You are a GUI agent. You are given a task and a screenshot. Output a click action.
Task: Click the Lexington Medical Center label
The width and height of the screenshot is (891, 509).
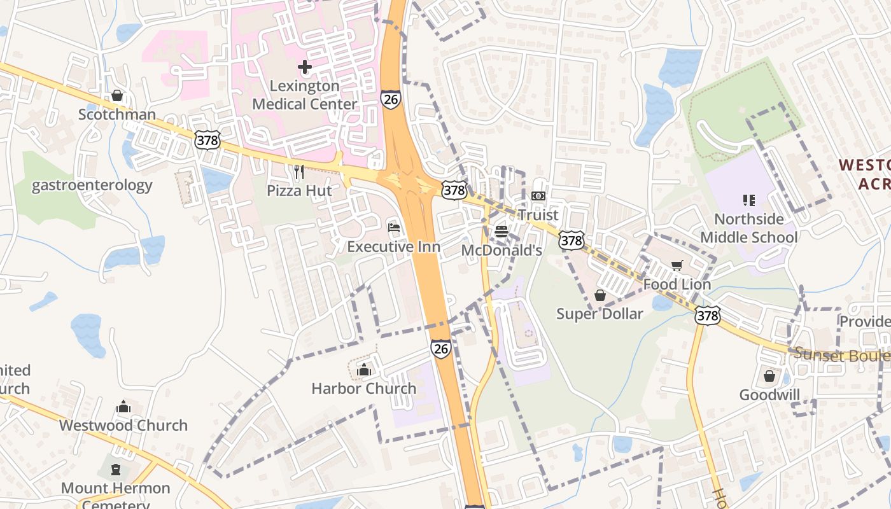[304, 95]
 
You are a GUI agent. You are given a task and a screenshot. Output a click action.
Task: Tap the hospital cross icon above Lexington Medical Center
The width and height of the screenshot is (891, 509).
[304, 66]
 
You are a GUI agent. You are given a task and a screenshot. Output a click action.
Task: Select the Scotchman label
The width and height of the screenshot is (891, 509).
[117, 115]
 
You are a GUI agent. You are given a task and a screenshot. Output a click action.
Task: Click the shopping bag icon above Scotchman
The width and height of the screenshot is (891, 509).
[117, 96]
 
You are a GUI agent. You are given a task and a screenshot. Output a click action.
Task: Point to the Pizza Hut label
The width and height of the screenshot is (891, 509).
[299, 190]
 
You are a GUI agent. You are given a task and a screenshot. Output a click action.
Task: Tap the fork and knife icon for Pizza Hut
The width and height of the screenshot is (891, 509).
[299, 172]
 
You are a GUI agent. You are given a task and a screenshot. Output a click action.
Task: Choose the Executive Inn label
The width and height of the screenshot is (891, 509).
[393, 246]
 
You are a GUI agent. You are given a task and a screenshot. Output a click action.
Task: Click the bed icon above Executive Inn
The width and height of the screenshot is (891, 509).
[394, 228]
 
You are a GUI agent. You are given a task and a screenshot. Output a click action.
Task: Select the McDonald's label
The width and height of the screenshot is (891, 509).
[502, 250]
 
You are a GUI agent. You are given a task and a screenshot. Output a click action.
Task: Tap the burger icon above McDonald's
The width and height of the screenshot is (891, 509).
[502, 232]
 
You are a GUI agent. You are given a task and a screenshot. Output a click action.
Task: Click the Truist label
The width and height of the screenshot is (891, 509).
[538, 215]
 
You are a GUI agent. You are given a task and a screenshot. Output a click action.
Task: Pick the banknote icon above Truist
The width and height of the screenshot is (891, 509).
[538, 196]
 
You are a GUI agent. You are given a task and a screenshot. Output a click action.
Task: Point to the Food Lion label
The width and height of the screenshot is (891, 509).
[677, 284]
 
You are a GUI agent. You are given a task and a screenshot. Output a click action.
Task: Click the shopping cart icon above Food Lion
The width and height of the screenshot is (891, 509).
[677, 266]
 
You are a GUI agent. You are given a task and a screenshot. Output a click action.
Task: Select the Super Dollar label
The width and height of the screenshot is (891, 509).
[600, 314]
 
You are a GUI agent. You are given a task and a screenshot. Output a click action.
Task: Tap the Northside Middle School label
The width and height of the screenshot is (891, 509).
[749, 228]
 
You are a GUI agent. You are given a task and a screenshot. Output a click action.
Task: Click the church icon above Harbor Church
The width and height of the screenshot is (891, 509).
[364, 370]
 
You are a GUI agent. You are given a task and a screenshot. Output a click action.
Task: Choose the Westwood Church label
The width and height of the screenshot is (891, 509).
[123, 425]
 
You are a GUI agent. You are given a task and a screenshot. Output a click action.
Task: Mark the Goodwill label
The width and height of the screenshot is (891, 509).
[769, 395]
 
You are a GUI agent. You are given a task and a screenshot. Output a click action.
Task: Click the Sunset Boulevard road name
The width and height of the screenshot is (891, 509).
[840, 355]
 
